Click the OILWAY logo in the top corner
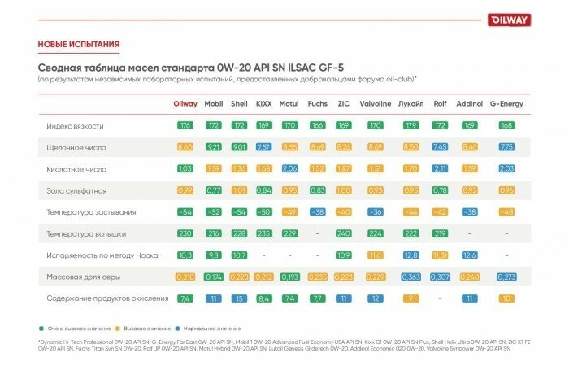509,20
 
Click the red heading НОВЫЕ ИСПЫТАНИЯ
79,44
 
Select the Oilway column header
185,104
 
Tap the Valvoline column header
375,104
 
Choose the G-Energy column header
506,104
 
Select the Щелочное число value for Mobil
214,147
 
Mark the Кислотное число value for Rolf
440,169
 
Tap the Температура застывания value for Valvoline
375,212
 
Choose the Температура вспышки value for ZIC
344,233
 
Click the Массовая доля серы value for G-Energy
506,277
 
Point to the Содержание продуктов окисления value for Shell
239,298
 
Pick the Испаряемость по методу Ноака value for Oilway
185,255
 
